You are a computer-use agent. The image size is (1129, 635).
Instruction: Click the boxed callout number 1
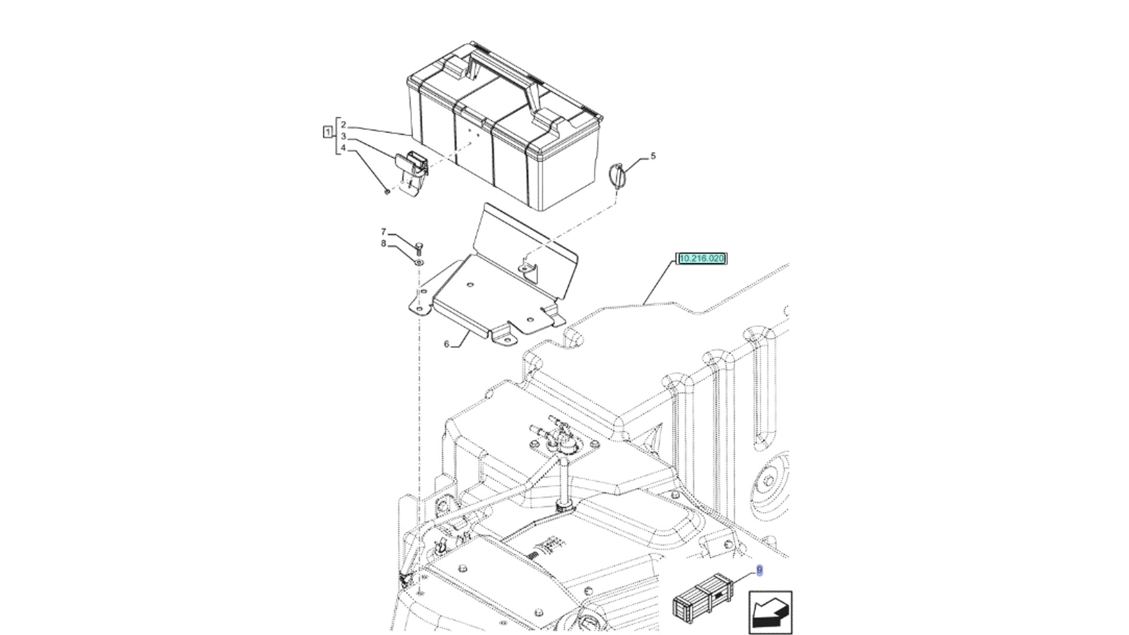point(328,132)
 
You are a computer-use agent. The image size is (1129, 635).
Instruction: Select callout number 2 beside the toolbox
point(343,125)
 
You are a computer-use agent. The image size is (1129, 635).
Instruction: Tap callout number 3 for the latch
point(343,136)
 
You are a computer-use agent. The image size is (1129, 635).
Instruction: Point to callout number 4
point(343,148)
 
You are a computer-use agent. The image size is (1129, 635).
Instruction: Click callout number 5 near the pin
point(653,156)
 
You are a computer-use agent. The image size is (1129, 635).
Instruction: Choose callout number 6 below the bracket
point(446,344)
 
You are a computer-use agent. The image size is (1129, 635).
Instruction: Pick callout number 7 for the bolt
point(383,232)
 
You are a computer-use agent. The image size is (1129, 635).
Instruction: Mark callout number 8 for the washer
point(383,243)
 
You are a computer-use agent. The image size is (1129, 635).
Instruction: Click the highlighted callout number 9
point(759,570)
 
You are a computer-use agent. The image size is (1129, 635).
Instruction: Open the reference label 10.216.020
point(702,258)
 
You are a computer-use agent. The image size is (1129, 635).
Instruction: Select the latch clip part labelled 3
point(412,168)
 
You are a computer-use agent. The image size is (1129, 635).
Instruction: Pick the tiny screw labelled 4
point(387,191)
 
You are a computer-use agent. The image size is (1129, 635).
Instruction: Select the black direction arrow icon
point(770,613)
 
